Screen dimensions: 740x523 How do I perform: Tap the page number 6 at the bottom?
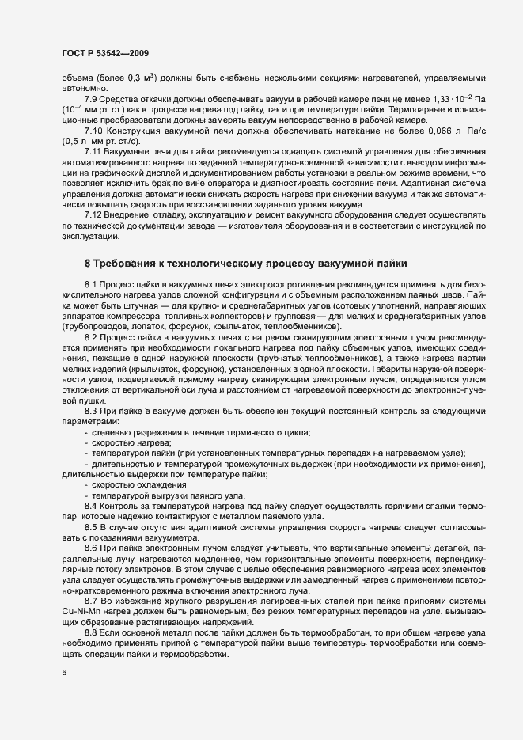63,674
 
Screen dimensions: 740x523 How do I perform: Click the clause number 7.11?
94,151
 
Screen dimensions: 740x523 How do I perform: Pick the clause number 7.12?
94,215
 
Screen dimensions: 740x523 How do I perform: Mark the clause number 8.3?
92,410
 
